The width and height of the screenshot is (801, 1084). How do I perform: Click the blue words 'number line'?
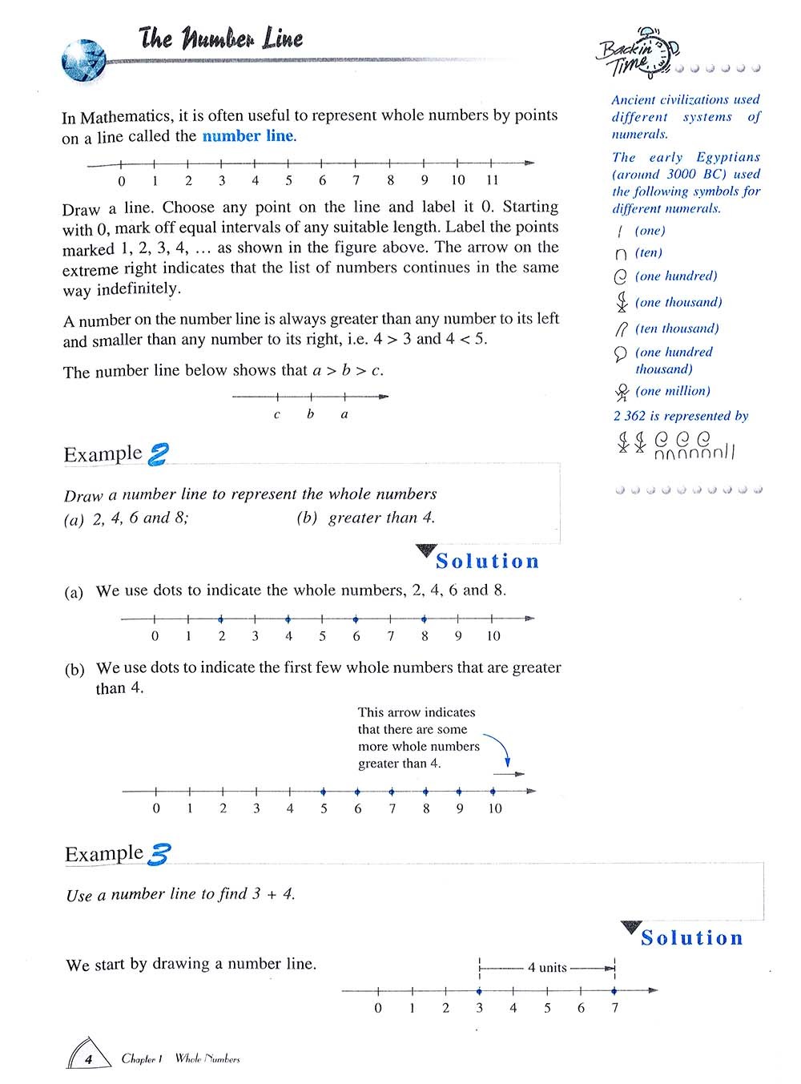click(x=248, y=136)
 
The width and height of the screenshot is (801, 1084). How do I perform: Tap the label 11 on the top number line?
click(x=493, y=181)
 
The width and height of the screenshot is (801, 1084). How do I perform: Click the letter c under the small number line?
click(x=277, y=415)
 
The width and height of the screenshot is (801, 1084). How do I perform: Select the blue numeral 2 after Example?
click(x=158, y=454)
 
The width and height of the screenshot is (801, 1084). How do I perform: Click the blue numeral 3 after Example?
click(x=158, y=855)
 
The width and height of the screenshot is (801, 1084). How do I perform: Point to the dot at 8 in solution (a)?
click(x=425, y=619)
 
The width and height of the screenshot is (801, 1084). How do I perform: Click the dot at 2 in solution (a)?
click(x=221, y=619)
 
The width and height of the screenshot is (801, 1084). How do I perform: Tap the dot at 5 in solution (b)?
click(x=324, y=792)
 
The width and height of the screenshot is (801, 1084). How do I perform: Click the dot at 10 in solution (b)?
click(x=493, y=792)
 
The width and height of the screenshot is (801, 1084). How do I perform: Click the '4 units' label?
click(x=547, y=968)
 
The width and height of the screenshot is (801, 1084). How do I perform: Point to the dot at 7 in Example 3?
click(x=614, y=991)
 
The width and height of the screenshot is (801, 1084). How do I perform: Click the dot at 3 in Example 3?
click(x=479, y=991)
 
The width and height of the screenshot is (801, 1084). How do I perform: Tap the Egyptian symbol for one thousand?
click(x=621, y=303)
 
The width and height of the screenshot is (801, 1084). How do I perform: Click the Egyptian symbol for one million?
click(x=622, y=393)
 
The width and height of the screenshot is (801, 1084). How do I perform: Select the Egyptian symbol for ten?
click(x=621, y=254)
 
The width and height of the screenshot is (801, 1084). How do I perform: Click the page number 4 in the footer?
click(x=89, y=1059)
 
